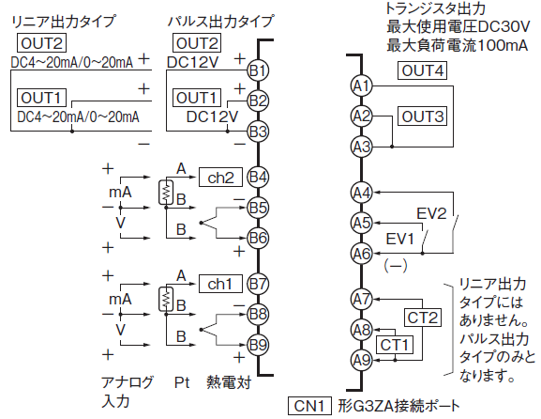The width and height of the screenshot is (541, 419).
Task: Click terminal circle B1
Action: click(258, 70)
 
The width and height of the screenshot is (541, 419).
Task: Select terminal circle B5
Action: click(258, 208)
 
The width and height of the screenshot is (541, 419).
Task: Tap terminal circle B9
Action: click(258, 345)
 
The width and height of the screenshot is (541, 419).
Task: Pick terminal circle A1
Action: click(362, 85)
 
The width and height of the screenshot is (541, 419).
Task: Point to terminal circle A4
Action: click(362, 193)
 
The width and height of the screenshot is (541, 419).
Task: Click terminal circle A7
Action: click(362, 299)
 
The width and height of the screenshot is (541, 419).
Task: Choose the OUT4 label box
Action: click(422, 70)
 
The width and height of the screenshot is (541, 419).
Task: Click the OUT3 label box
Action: click(422, 116)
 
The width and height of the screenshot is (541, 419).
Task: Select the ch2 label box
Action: click(220, 178)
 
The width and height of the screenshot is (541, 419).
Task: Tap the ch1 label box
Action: click(220, 284)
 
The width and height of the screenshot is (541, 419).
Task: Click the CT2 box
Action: click(422, 318)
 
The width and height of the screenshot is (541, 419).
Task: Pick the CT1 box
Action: click(395, 345)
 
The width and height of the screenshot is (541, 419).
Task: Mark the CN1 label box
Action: click(309, 406)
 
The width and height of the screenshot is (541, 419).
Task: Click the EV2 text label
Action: click(431, 213)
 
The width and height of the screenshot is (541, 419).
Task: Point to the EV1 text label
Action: click(399, 239)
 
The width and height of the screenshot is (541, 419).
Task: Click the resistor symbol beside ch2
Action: click(166, 193)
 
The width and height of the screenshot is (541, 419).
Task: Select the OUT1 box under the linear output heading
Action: click(42, 98)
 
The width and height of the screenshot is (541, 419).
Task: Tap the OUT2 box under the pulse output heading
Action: click(197, 43)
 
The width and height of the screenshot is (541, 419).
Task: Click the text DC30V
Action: click(503, 26)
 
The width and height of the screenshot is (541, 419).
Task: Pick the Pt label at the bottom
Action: click(182, 382)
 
